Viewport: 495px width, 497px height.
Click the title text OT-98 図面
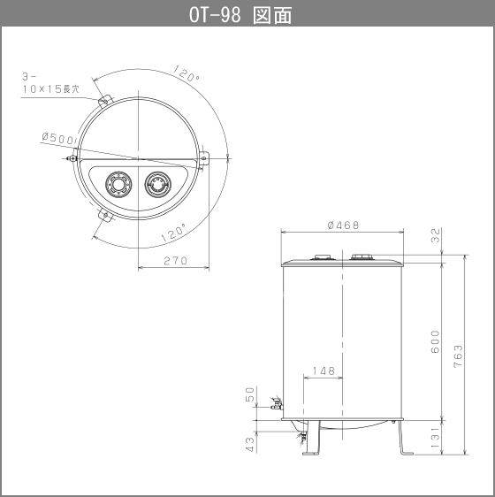[240, 14]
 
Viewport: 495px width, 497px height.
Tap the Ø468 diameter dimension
[343, 225]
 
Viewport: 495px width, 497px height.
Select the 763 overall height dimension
[458, 356]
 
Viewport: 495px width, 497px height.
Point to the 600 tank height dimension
[436, 341]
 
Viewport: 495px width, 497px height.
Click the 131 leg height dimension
[436, 438]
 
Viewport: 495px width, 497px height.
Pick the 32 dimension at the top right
[436, 235]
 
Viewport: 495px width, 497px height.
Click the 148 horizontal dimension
[324, 371]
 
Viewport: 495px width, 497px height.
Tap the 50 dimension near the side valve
[250, 394]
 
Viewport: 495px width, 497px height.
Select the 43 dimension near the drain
[250, 445]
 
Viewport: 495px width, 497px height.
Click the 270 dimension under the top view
[176, 261]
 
